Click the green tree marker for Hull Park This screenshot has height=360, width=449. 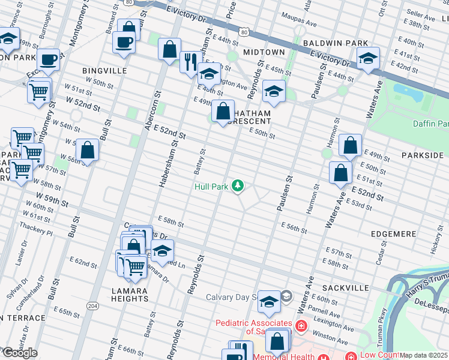[238, 186]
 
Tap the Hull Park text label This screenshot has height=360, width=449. [211, 187]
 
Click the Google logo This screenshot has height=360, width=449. [19, 353]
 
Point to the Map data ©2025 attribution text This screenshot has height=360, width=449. [424, 355]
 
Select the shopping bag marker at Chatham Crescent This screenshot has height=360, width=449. [223, 111]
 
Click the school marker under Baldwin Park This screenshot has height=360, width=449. [368, 58]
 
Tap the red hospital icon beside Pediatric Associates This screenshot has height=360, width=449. [300, 327]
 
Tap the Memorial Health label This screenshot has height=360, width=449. [282, 356]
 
